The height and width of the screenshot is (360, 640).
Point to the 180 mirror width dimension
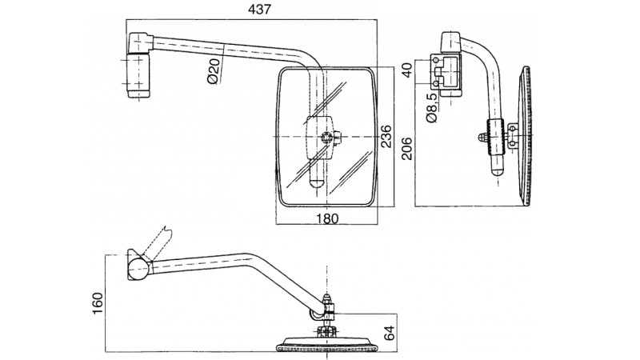point(326,218)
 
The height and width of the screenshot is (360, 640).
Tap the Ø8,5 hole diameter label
point(433,106)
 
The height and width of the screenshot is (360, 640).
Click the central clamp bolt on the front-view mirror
point(326,138)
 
